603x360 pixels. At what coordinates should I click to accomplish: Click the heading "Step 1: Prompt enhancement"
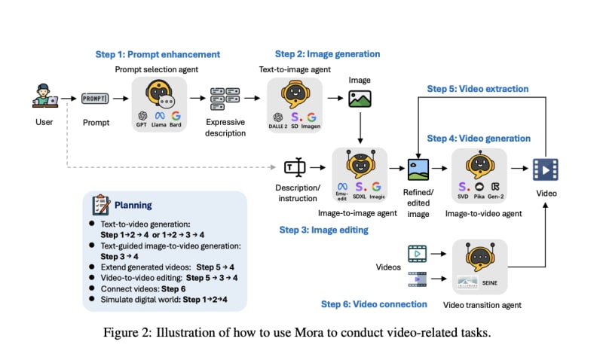click(x=158, y=55)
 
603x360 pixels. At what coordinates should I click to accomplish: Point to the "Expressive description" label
click(x=227, y=127)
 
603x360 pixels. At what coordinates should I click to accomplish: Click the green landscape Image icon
click(x=360, y=99)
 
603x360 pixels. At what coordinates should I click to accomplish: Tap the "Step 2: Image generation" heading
click(x=327, y=54)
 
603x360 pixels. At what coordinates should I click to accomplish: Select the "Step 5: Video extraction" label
click(x=478, y=89)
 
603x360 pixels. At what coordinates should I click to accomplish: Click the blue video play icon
click(x=543, y=169)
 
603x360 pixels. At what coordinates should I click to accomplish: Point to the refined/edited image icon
click(x=417, y=169)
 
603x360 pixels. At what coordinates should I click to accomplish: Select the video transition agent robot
click(x=479, y=255)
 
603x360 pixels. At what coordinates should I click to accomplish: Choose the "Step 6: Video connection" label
click(x=375, y=304)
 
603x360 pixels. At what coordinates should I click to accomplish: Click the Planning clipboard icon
click(x=101, y=206)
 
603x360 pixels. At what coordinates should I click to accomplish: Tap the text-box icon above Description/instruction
click(x=293, y=169)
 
